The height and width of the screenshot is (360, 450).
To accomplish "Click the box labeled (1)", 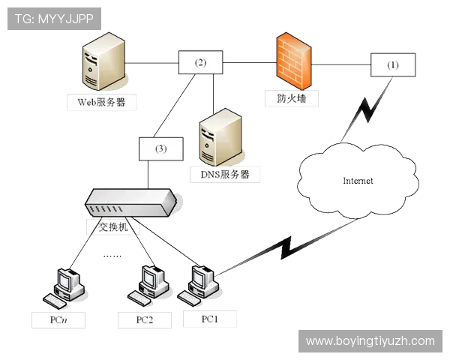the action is click(x=393, y=65).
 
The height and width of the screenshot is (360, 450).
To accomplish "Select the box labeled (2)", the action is click(x=200, y=62).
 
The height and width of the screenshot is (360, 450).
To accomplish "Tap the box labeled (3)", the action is click(x=161, y=148).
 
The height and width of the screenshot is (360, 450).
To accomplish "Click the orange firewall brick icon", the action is click(x=294, y=61).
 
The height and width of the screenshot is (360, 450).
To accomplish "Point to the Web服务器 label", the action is click(x=101, y=102).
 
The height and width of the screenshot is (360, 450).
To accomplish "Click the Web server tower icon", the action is click(x=104, y=61).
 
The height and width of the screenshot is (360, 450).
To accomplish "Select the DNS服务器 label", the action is click(x=225, y=174).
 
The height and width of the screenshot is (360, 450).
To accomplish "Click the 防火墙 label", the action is click(x=292, y=98).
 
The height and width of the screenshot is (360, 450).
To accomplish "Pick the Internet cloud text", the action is click(x=358, y=181).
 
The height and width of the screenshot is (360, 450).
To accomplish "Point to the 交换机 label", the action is click(x=113, y=226).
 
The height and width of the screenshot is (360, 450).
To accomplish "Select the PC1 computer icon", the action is click(x=198, y=285).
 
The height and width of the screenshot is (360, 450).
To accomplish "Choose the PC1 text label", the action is click(x=210, y=319).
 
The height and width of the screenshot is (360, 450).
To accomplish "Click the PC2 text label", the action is click(x=145, y=319).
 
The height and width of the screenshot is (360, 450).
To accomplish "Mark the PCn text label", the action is click(x=58, y=319).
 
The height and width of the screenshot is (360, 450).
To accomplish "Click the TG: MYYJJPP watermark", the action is click(x=54, y=19).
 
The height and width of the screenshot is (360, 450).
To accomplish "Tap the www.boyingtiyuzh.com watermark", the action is click(x=370, y=341).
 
